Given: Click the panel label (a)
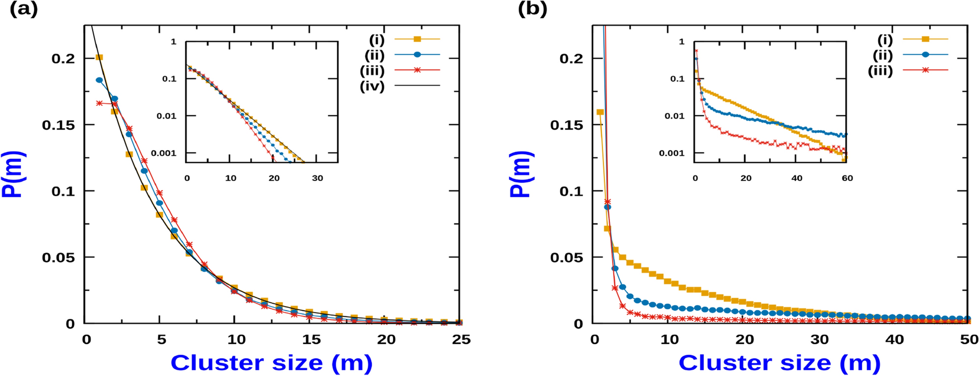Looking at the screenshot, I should click(x=24, y=9).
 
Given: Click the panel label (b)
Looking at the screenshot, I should click(x=532, y=9).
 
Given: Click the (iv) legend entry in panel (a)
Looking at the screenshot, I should click(x=372, y=87).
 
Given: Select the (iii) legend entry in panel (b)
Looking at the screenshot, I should click(x=881, y=71).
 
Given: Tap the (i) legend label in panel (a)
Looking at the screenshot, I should click(x=377, y=40).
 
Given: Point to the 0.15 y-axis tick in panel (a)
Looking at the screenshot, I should click(x=58, y=125).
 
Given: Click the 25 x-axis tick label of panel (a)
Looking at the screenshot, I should click(x=461, y=340).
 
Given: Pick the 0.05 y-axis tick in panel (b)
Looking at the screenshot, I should click(x=566, y=258).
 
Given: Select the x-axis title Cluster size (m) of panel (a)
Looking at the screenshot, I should click(x=271, y=363).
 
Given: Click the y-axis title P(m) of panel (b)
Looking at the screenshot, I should click(x=520, y=174).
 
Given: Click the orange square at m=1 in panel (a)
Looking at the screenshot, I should click(x=99, y=57).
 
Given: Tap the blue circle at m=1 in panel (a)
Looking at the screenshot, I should click(x=99, y=80).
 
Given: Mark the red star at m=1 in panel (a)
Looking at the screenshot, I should click(x=99, y=103).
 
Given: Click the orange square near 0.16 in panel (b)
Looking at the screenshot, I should click(x=600, y=112).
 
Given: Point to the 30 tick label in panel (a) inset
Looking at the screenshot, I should click(x=318, y=178).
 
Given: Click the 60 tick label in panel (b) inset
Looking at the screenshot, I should click(x=847, y=178).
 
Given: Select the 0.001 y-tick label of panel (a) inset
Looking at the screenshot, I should click(x=164, y=153).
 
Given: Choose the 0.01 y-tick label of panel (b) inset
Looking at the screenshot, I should click(x=675, y=116).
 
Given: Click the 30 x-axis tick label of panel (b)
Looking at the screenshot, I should click(x=819, y=340).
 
